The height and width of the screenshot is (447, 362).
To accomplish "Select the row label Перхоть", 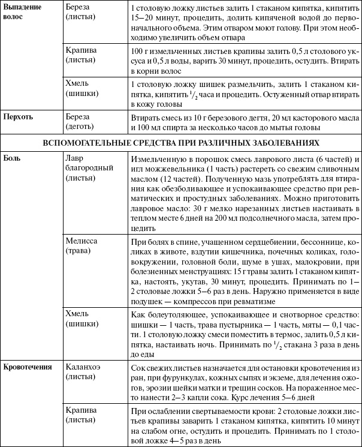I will pos(20,116).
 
